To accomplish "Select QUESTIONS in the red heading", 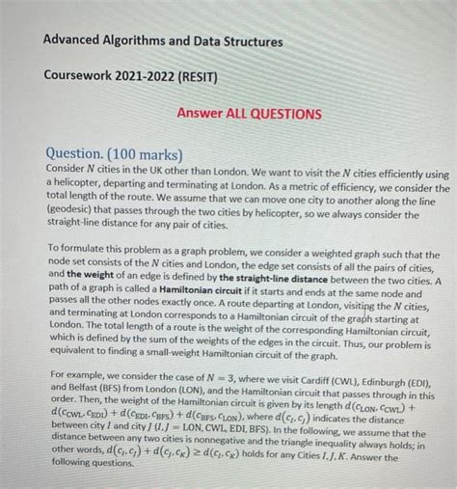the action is tap(287, 113).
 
